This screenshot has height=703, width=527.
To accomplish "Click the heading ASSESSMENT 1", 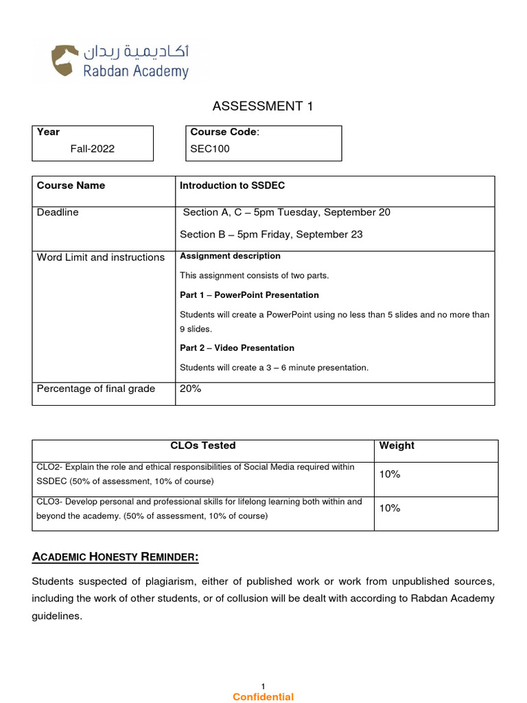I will tap(257, 106).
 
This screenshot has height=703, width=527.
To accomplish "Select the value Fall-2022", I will tap(93, 148).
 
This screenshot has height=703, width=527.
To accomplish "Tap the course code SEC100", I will tap(210, 148).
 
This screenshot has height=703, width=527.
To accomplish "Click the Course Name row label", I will tap(71, 185).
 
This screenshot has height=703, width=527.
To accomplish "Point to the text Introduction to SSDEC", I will tap(232, 185).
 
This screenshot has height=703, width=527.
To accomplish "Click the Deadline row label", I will tap(58, 212).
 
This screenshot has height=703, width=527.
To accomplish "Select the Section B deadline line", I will tap(271, 234).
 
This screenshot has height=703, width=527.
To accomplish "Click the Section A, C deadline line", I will tap(286, 212).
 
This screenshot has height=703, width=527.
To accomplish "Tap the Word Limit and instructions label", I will tap(101, 257).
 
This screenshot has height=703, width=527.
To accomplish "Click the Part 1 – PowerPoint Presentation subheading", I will tap(249, 295).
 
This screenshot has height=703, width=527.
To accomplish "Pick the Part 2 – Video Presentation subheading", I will tap(237, 347).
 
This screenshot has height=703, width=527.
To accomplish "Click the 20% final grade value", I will tap(190, 389).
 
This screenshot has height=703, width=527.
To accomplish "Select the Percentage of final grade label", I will tap(96, 389).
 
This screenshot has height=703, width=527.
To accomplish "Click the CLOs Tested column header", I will tap(202, 446).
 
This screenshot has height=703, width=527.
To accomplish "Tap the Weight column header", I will tap(397, 446).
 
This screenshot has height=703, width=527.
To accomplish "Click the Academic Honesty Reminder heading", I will tap(115, 557).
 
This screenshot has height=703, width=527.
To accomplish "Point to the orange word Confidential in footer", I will tap(263, 697).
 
